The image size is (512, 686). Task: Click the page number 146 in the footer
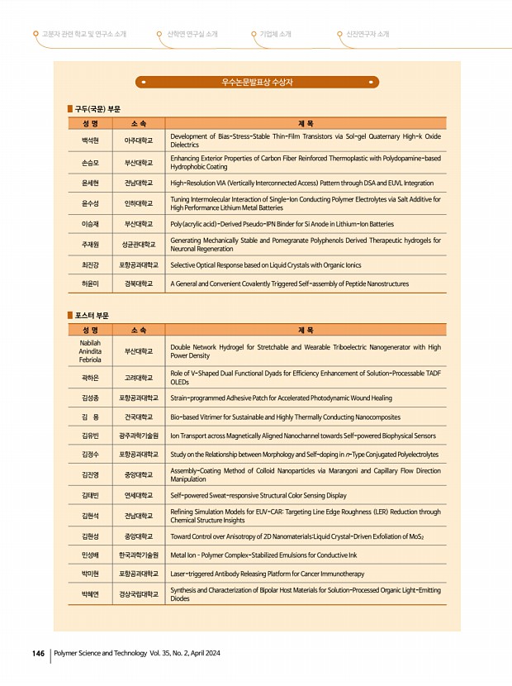coord(37,653)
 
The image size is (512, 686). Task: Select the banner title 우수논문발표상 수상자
coord(257,83)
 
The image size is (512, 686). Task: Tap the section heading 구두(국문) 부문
coord(97,108)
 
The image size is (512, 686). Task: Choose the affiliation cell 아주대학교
coord(138,141)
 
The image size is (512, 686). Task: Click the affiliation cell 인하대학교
coord(138,202)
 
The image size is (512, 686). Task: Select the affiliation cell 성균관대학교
coord(138,244)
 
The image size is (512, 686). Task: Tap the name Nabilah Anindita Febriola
coord(90,351)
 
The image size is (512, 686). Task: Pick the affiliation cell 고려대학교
coord(138,378)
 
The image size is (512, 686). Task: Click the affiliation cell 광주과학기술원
coord(138,436)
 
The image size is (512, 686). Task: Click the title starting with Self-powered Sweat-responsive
coord(258,495)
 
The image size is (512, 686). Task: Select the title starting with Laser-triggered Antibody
coord(267,573)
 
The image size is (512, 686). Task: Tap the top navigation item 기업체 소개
coord(275,34)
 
